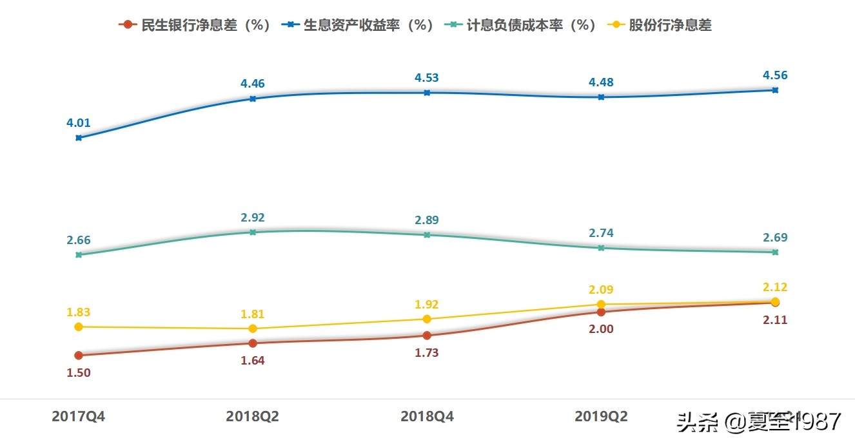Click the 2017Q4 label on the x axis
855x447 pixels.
[x=78, y=417]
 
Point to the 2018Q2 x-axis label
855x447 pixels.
[x=252, y=417]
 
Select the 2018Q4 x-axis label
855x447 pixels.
[x=427, y=417]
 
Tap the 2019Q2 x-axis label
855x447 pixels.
[x=601, y=417]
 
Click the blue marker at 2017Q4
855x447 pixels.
[x=79, y=138]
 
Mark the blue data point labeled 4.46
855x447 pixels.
[x=253, y=99]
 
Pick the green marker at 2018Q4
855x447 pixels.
[x=427, y=235]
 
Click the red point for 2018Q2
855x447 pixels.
[x=253, y=343]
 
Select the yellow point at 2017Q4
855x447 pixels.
[x=79, y=327]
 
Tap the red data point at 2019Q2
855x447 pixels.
[x=601, y=312]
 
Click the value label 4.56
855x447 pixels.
[x=775, y=75]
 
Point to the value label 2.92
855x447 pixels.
[x=253, y=218]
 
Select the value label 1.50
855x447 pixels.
[x=79, y=372]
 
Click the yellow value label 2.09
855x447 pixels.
[x=601, y=290]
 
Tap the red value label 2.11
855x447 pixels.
[x=775, y=320]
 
